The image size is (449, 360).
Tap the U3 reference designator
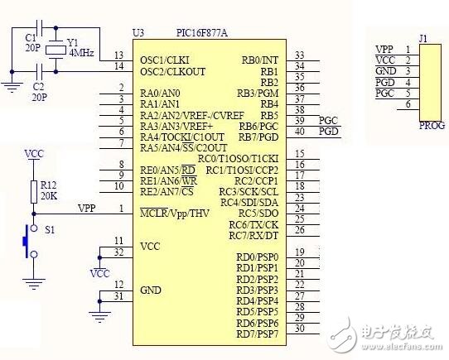[138, 32]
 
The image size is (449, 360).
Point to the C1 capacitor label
[31, 38]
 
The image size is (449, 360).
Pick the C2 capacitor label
[37, 85]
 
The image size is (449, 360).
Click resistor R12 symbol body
[33, 192]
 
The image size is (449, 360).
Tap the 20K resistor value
[47, 197]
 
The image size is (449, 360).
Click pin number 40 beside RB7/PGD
[299, 131]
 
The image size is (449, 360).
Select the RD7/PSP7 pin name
[257, 334]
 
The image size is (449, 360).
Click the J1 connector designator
[423, 37]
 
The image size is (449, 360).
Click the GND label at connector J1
[384, 71]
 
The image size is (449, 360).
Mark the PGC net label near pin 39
[328, 120]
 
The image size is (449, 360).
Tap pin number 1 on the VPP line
[121, 208]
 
